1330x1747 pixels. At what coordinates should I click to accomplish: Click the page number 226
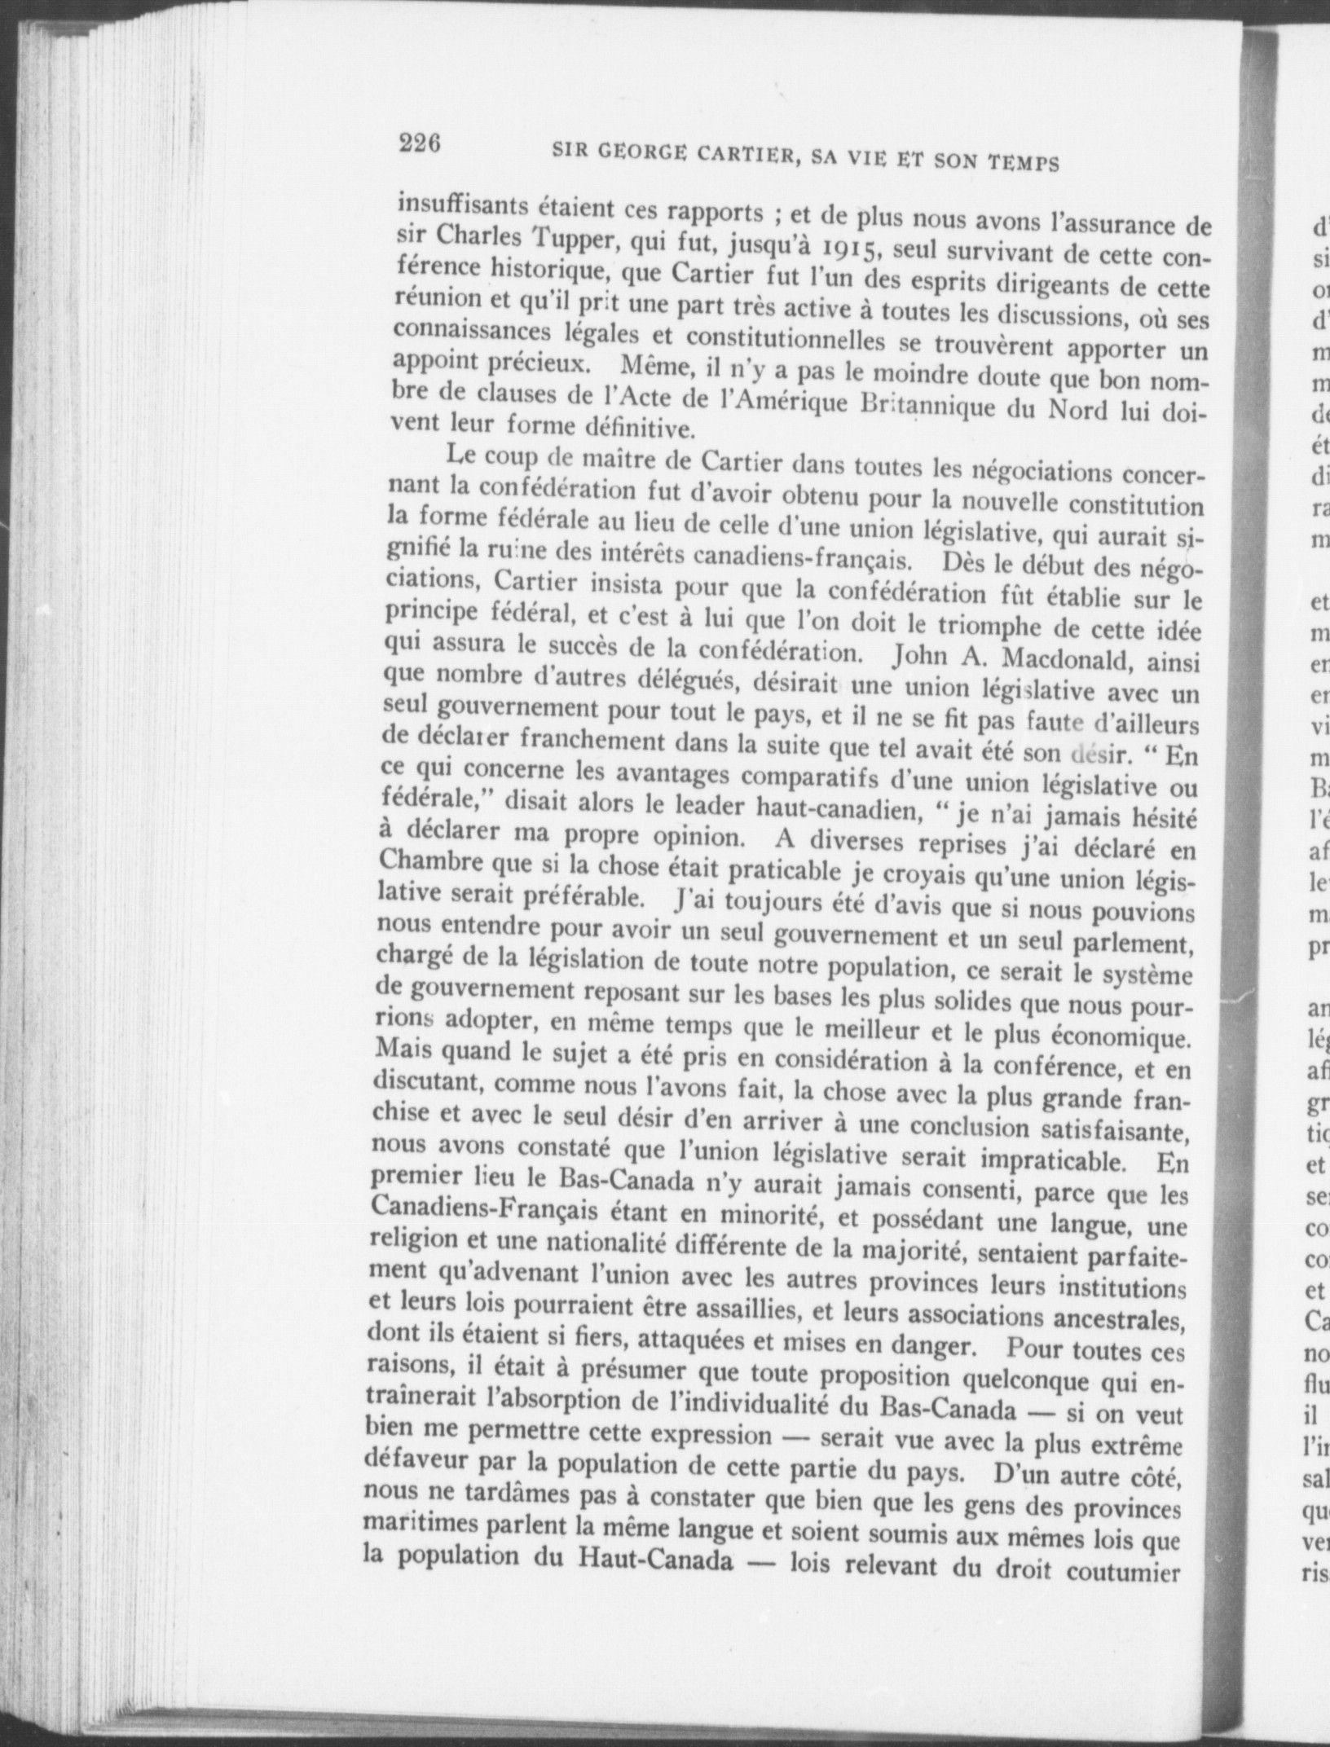click(x=420, y=143)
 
